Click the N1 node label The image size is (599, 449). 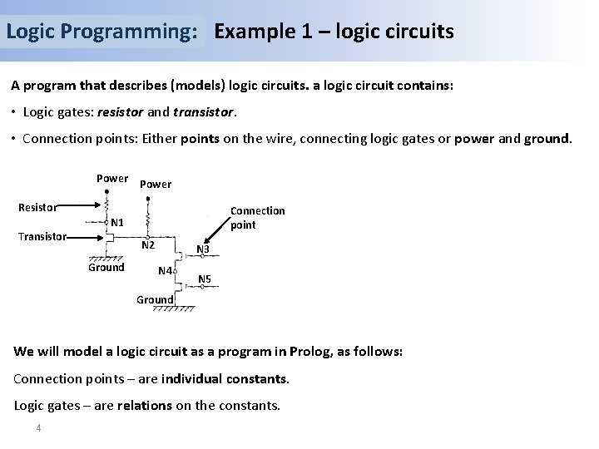click(x=117, y=223)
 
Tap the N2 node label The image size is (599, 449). click(x=148, y=245)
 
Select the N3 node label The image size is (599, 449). click(x=202, y=249)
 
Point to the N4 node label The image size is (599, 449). click(x=164, y=271)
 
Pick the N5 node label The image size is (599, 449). click(x=205, y=278)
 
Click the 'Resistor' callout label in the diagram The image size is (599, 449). click(x=38, y=207)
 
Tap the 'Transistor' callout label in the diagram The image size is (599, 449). click(x=42, y=236)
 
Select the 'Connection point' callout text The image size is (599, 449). click(x=257, y=218)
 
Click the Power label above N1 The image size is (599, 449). click(x=112, y=178)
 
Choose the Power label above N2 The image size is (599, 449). click(x=156, y=184)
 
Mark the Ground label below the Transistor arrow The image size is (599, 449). click(x=106, y=267)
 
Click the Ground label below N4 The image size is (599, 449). click(x=155, y=299)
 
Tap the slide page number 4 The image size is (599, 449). click(x=38, y=428)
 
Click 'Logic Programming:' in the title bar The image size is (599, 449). click(x=101, y=32)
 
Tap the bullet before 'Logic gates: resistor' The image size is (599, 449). click(x=14, y=111)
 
